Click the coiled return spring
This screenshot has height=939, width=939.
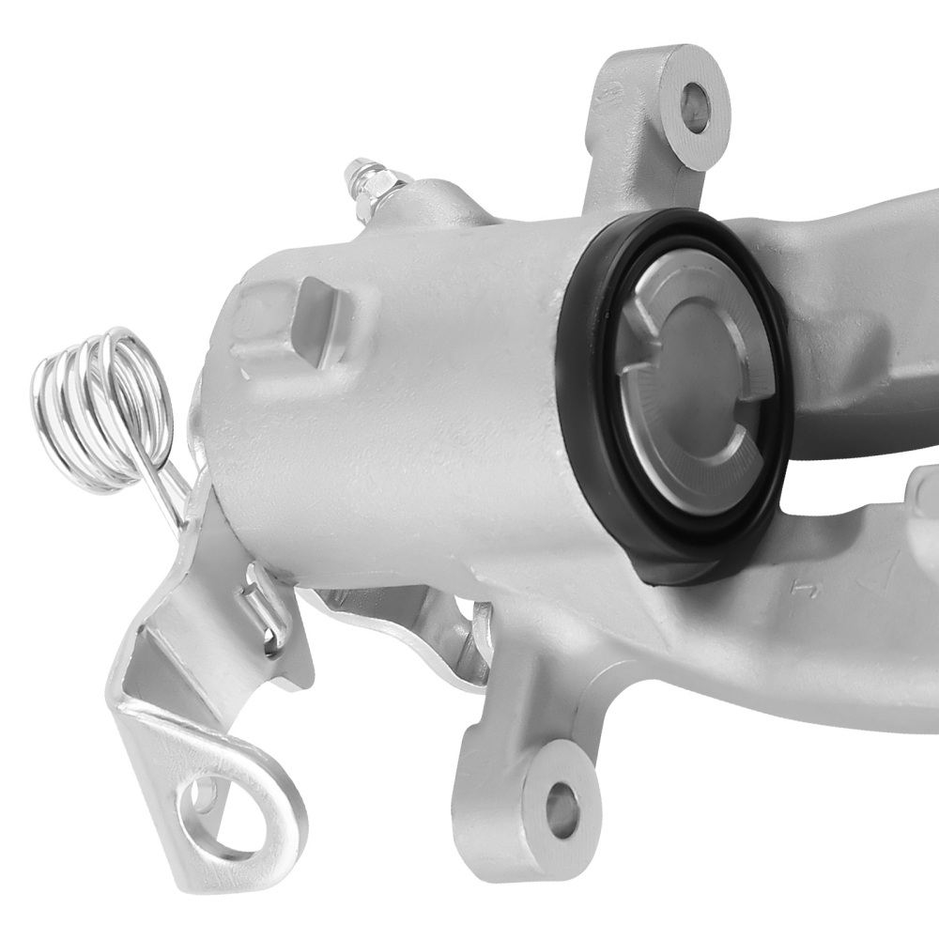click(98, 409)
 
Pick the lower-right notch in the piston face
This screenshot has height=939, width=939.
click(736, 451)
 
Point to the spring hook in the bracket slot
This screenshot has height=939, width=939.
click(258, 601)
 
